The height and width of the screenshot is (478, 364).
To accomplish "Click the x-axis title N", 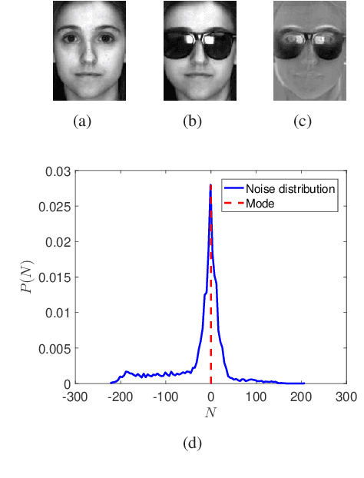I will coord(210,413).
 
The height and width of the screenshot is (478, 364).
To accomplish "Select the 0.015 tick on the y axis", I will coord(53,277).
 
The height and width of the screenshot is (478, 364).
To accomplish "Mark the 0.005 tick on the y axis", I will coord(53,348).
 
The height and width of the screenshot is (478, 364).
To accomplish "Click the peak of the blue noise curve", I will coord(210,185).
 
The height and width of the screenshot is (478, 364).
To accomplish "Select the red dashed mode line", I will coord(210,307).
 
